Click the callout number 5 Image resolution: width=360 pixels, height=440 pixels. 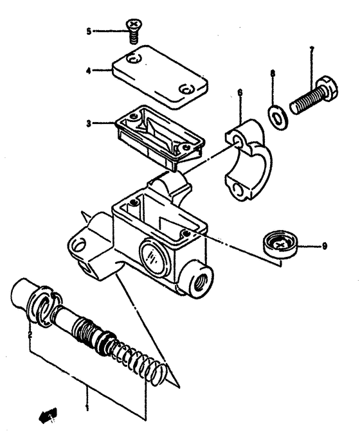89,30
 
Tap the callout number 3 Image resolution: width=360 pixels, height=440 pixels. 89,121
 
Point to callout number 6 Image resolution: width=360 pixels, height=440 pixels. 240,93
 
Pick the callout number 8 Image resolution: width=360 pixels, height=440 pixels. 273,75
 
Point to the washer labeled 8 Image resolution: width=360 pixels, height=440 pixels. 277,113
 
